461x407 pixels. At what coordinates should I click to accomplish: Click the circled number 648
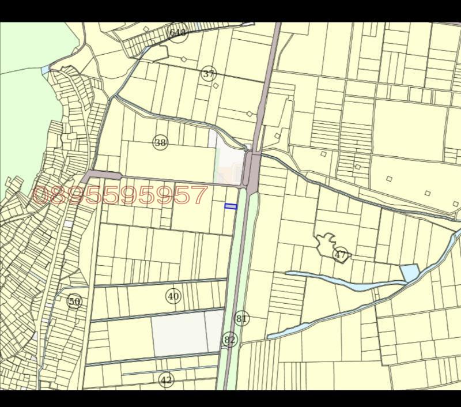pos(178,33)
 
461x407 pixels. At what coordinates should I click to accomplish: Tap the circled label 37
pos(209,74)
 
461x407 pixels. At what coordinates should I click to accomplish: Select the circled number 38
pos(160,142)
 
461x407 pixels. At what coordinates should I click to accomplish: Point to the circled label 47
pos(341,254)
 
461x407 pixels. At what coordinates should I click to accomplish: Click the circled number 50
pos(74,301)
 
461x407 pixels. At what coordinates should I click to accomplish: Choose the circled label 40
pos(173,296)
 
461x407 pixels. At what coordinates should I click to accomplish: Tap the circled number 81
pos(242,319)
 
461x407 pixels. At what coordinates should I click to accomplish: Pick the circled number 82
pos(229,340)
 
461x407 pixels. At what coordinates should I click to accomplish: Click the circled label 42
pos(166,380)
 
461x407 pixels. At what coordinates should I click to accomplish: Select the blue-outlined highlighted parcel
pos(231,206)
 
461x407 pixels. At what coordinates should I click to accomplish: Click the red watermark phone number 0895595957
pos(120,196)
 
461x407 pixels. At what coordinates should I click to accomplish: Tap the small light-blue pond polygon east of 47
pos(410,272)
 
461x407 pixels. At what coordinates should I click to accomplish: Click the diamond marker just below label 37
pos(216,85)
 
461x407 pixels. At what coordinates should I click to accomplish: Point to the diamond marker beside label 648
pos(146,29)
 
